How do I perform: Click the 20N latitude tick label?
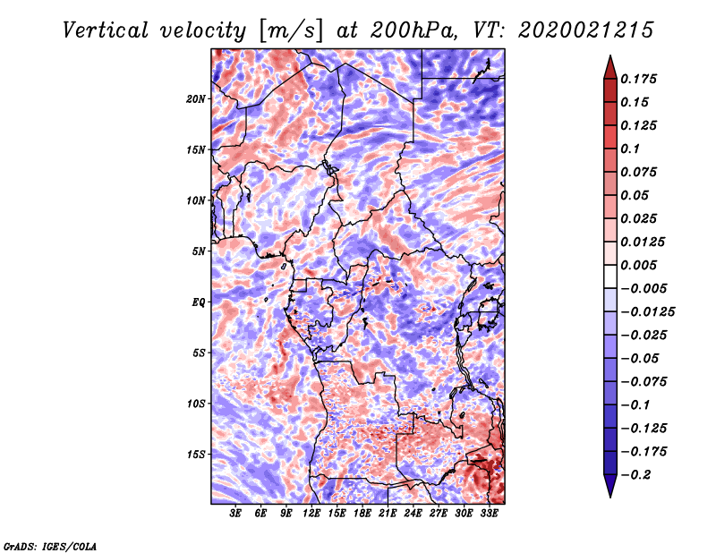(x=196, y=98)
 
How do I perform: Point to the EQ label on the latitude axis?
(x=199, y=302)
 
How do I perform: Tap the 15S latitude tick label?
(x=196, y=455)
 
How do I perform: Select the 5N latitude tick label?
(x=199, y=251)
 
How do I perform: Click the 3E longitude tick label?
(x=236, y=515)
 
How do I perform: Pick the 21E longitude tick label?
(x=388, y=515)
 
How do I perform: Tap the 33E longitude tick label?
(x=489, y=515)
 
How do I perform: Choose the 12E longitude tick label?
(x=311, y=515)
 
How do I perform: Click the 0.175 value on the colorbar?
(x=640, y=80)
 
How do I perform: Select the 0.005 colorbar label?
(x=640, y=266)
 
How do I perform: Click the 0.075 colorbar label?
(x=640, y=173)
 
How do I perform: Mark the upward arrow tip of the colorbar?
(x=609, y=57)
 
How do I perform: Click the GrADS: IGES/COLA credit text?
(x=50, y=545)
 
